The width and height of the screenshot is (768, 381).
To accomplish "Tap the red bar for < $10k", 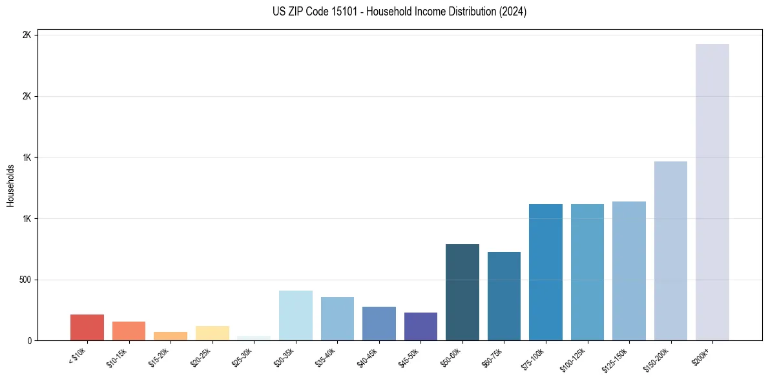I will point(87,327).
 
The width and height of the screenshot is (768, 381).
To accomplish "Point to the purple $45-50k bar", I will point(420,326).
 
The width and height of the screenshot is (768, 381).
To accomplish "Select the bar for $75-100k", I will point(546,272).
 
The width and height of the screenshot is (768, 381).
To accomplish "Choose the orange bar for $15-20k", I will point(171,336).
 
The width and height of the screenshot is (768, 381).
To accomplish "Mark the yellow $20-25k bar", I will point(213,333).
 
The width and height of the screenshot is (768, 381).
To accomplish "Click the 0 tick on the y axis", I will point(29,340).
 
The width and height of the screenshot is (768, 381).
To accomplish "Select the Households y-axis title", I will point(10,185).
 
